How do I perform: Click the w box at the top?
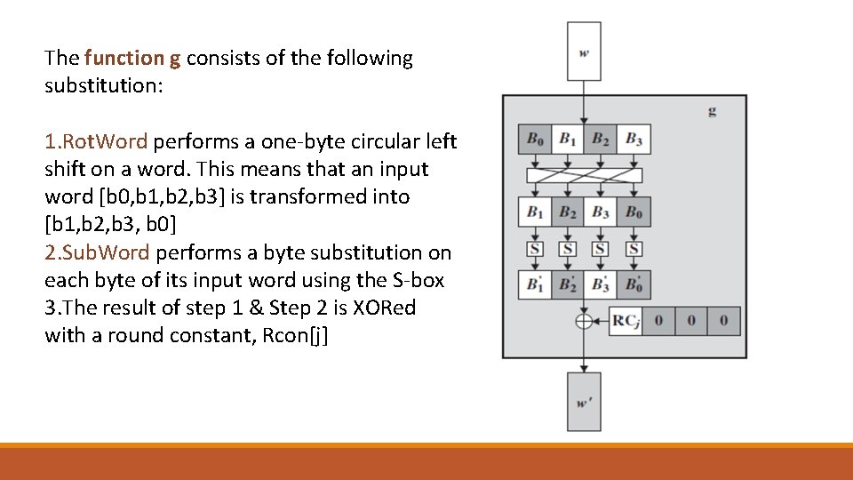click(x=584, y=51)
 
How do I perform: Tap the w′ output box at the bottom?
click(x=584, y=402)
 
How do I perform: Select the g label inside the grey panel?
click(x=712, y=111)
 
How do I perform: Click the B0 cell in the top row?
click(x=535, y=139)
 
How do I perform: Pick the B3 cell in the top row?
click(x=634, y=139)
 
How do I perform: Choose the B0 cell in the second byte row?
click(x=634, y=212)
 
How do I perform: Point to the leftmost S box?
click(x=535, y=249)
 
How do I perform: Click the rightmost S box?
click(x=634, y=249)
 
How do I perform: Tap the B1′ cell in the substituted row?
click(x=535, y=285)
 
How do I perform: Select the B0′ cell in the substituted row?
click(x=634, y=285)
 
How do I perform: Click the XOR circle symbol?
click(x=584, y=321)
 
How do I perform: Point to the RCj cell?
click(x=626, y=321)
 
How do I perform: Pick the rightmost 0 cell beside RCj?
click(x=724, y=321)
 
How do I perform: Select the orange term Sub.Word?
click(x=99, y=252)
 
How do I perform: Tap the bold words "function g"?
click(x=132, y=59)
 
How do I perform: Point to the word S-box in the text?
click(x=419, y=280)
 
